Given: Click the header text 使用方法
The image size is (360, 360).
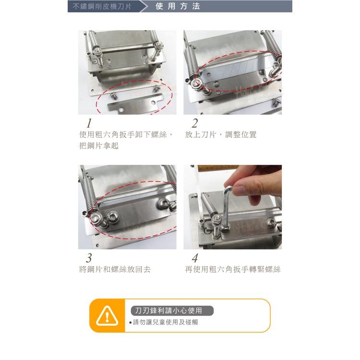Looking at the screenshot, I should pyautogui.click(x=178, y=7).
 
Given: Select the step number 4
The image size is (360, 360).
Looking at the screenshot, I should pyautogui.click(x=194, y=258).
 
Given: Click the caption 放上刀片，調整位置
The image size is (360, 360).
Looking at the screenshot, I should pyautogui.click(x=221, y=135).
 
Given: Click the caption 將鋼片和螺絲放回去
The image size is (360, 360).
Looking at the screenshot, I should pyautogui.click(x=115, y=270).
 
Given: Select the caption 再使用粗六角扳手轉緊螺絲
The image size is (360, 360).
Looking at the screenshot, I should pyautogui.click(x=233, y=270).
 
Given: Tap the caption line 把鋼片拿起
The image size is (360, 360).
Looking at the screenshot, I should pyautogui.click(x=98, y=146).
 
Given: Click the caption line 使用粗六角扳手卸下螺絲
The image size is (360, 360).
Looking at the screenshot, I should pyautogui.click(x=125, y=135).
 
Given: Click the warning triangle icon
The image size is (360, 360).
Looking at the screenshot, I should pyautogui.click(x=107, y=315).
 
